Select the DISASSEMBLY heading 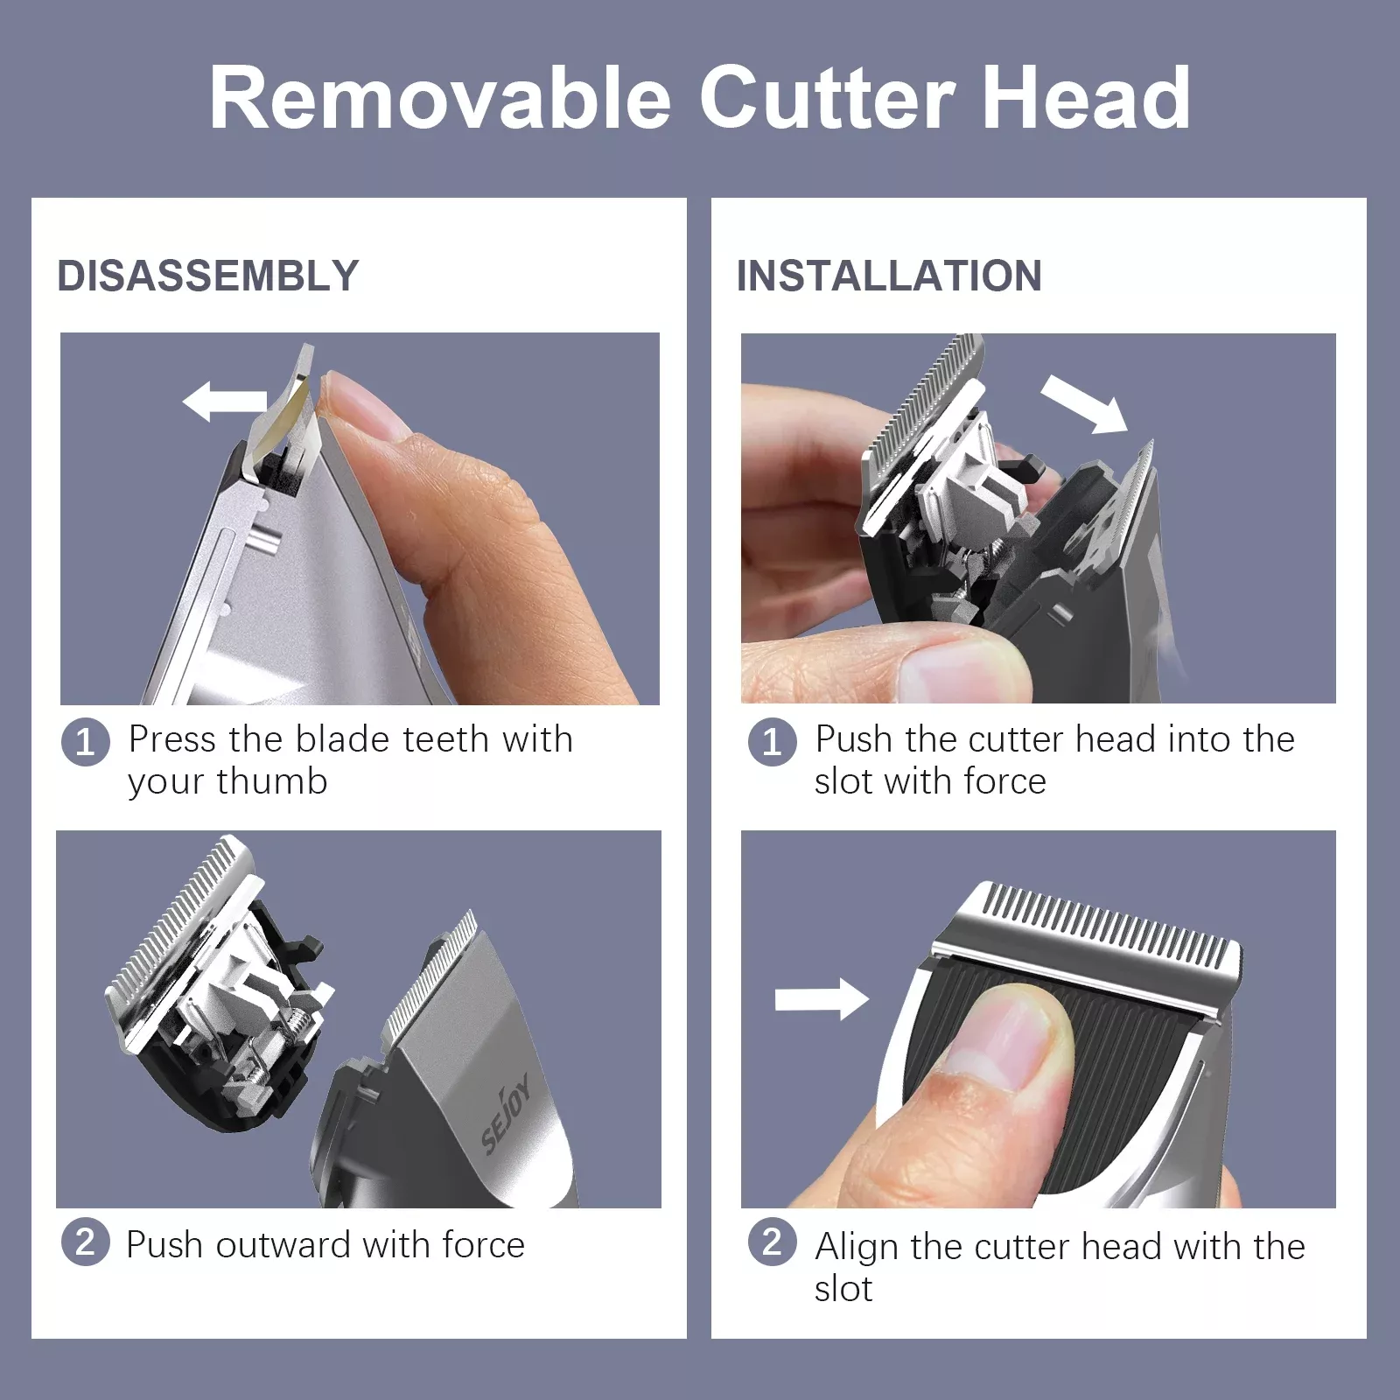click(x=208, y=276)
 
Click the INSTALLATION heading click(x=889, y=276)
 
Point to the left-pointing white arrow click(x=224, y=402)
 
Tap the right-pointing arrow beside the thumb click(x=822, y=999)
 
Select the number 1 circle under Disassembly click(x=86, y=742)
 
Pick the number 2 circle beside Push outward click(x=86, y=1242)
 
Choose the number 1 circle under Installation click(x=773, y=742)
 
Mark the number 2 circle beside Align click(x=773, y=1242)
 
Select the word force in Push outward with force click(x=483, y=1244)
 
